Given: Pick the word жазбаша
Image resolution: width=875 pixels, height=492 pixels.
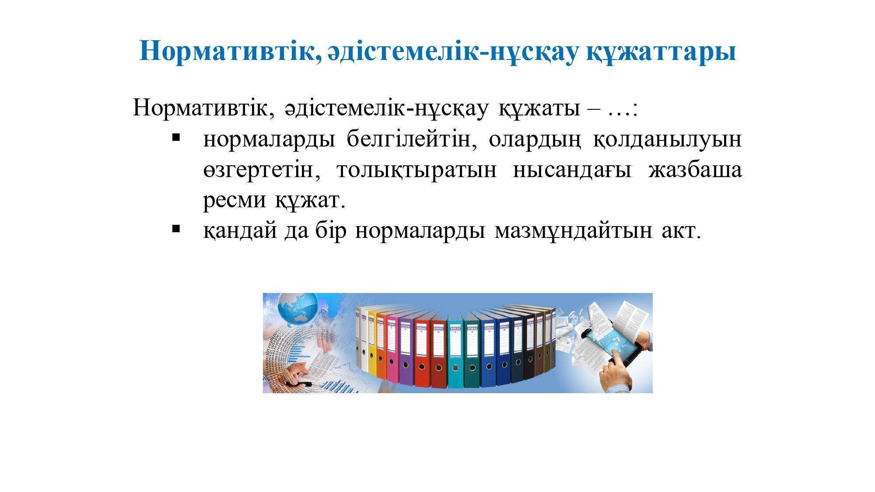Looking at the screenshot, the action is click(x=695, y=170).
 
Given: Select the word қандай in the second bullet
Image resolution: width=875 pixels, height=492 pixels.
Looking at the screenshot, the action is click(x=240, y=231).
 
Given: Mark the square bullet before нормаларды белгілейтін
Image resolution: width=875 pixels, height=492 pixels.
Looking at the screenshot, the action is click(x=176, y=137).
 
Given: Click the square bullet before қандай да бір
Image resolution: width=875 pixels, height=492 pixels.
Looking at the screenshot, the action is click(x=176, y=228).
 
